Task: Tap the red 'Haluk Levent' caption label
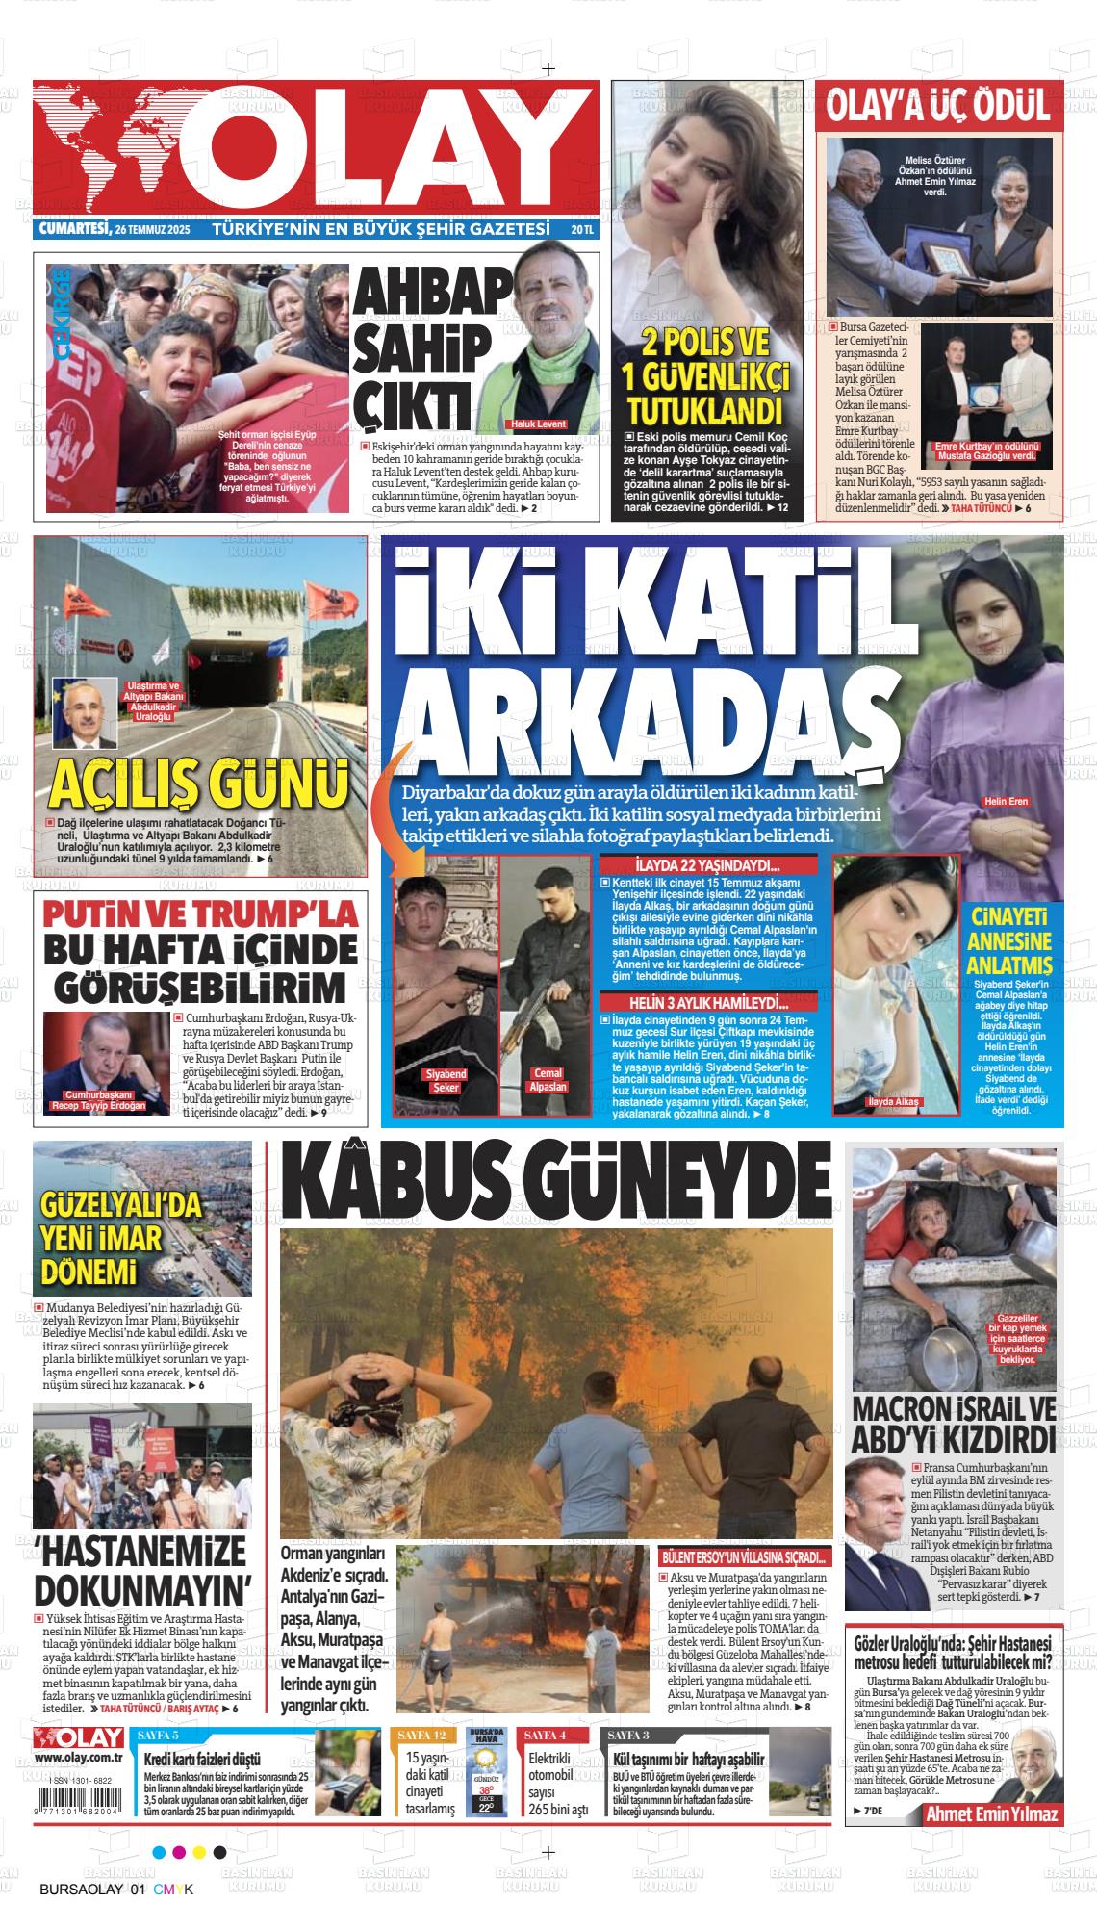pos(536,424)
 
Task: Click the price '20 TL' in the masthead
pos(581,230)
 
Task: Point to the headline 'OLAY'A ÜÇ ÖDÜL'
pos(938,106)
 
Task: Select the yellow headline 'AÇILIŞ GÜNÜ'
pos(200,784)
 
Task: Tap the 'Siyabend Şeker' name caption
pos(445,1080)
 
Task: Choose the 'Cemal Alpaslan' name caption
pos(548,1080)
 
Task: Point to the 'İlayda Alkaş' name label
pos(894,1101)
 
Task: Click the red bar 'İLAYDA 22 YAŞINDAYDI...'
pos(707,865)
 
